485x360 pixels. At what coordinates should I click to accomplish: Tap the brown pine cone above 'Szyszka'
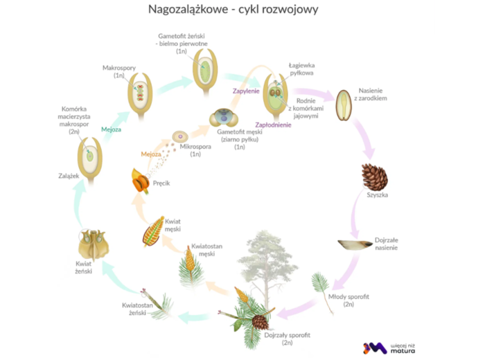click(x=374, y=177)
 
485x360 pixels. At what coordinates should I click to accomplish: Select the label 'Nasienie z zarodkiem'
click(x=378, y=95)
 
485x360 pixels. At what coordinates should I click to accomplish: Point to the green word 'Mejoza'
click(x=111, y=129)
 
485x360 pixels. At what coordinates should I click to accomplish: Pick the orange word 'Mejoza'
click(x=150, y=154)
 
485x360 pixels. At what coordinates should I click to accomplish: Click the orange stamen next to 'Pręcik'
click(x=141, y=183)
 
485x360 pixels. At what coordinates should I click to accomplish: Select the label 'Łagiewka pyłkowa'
click(x=302, y=69)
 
